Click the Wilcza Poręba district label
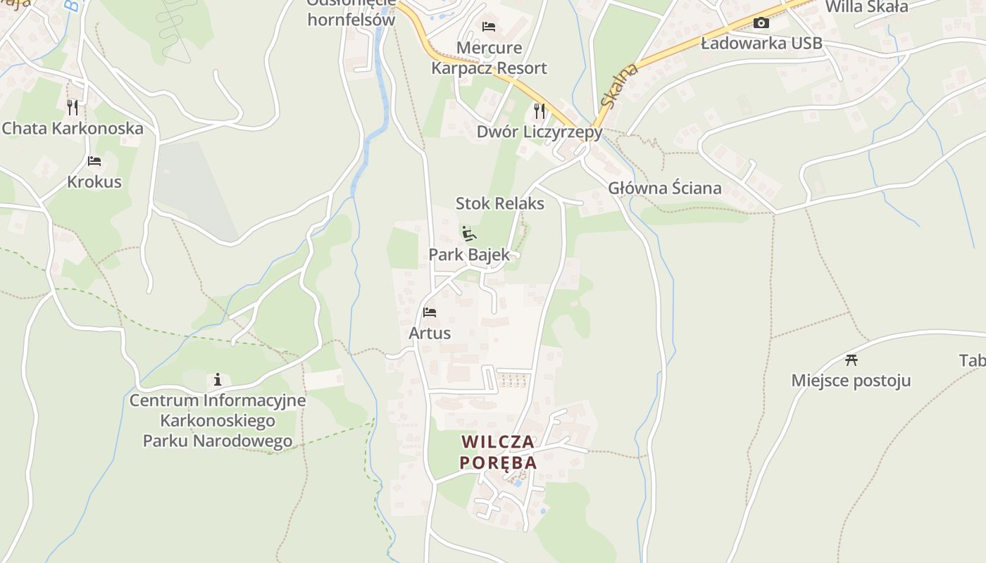499,452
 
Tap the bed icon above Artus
430,312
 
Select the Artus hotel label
430,333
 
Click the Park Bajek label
469,255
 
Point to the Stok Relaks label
500,203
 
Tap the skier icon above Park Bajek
468,233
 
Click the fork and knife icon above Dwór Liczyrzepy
539,110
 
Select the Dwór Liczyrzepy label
539,132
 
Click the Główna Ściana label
665,188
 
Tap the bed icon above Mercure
489,27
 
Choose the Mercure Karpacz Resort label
489,58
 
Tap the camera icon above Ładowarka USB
761,23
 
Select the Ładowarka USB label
761,44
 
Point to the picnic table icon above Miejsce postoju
851,360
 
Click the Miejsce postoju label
851,381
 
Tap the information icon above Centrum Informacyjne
218,379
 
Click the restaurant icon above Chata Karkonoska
73,107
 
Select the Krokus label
94,182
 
